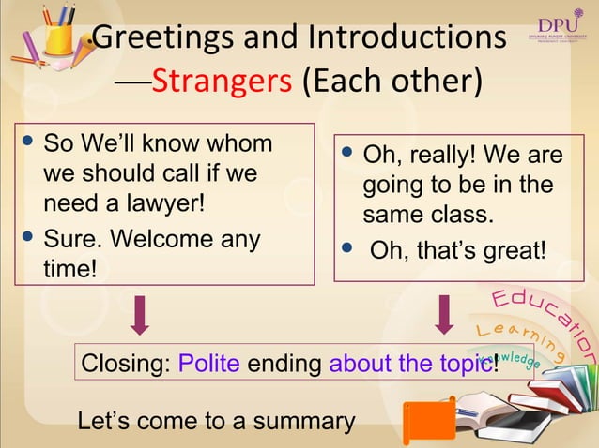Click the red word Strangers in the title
coord(221,82)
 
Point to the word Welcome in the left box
coord(155,240)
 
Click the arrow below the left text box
coord(140,314)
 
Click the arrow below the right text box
coord(443,314)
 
